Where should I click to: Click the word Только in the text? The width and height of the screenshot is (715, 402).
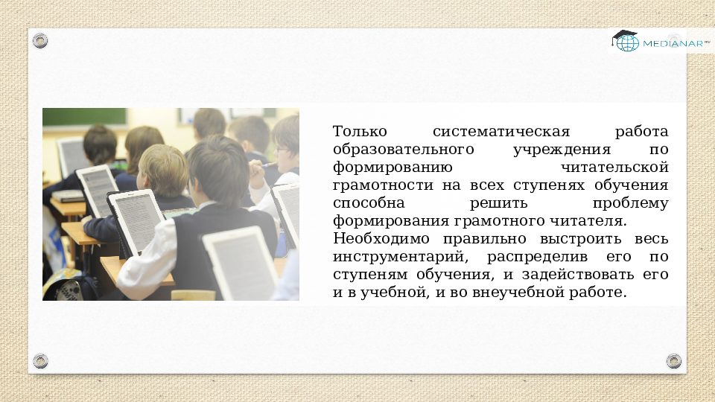(356, 132)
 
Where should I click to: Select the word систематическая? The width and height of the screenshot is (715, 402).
(500, 132)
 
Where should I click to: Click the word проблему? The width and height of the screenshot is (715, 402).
(631, 203)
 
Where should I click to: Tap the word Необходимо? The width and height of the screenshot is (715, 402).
(381, 239)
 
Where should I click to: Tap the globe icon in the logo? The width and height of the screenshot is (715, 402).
(626, 42)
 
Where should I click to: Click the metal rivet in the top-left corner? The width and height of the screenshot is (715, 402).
(40, 41)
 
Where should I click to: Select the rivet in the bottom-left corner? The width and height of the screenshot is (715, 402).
(40, 361)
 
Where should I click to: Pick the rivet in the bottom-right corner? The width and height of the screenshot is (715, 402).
(674, 361)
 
